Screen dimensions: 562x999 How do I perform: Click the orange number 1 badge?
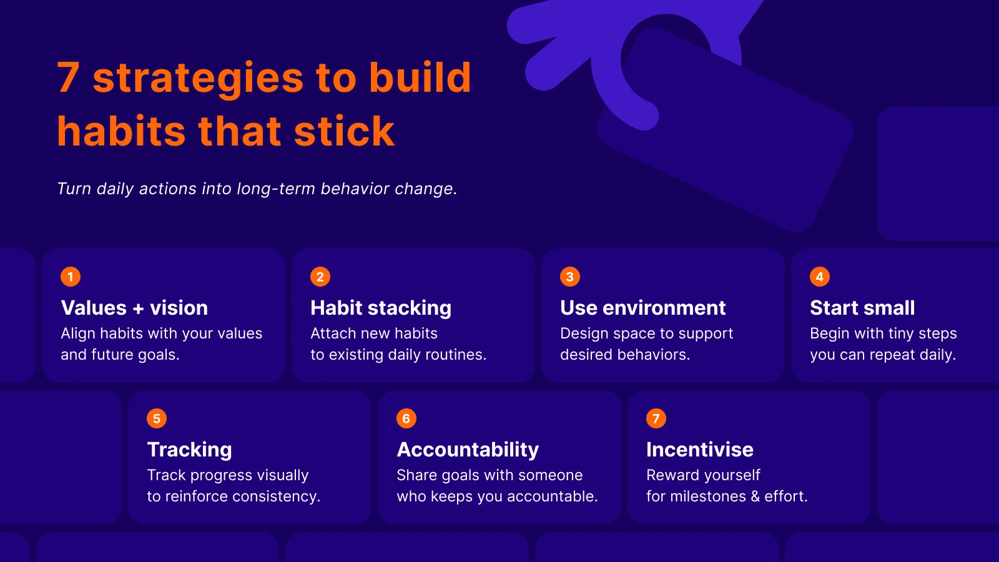click(x=71, y=277)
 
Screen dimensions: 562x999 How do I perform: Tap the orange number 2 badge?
click(x=320, y=277)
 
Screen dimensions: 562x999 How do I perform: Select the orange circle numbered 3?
click(x=569, y=277)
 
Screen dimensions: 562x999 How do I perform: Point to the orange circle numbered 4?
click(x=819, y=277)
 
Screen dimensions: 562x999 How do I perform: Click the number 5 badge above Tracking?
click(x=157, y=418)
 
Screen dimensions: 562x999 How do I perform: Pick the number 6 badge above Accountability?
click(x=406, y=418)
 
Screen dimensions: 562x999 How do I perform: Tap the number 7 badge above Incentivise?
click(x=656, y=418)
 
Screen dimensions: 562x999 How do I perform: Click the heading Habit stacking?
click(x=381, y=308)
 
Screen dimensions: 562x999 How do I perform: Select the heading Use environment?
click(x=642, y=308)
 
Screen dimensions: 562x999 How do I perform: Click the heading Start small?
click(x=862, y=308)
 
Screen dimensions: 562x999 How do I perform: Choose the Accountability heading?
click(x=468, y=450)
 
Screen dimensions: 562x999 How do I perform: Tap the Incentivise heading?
click(x=699, y=450)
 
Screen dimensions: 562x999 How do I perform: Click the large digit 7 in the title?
click(x=69, y=78)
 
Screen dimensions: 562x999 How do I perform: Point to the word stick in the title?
click(x=344, y=132)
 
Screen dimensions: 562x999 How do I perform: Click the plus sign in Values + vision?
click(x=138, y=308)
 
